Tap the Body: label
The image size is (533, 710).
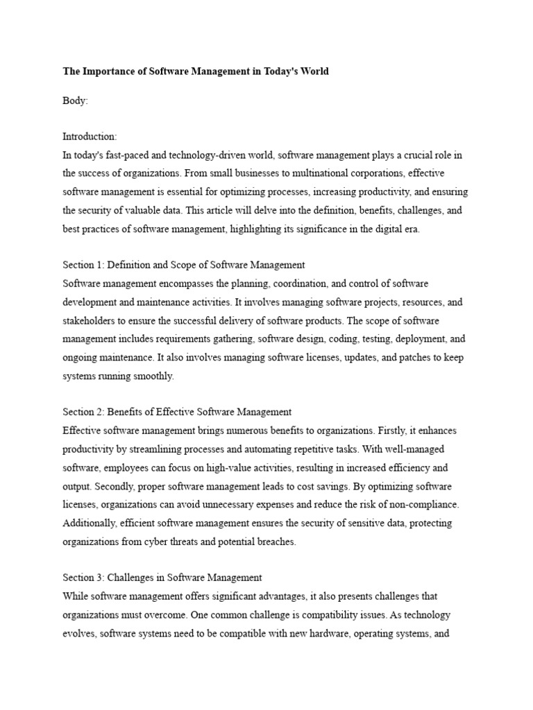(76, 101)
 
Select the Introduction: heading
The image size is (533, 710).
(90, 137)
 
